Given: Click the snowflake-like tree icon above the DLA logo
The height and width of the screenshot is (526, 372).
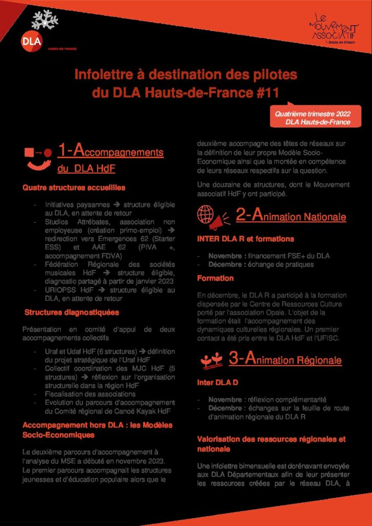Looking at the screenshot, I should pyautogui.click(x=45, y=19).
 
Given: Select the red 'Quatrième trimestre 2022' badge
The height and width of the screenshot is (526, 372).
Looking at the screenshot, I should pyautogui.click(x=315, y=118).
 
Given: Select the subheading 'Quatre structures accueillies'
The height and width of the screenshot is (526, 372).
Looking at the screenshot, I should pyautogui.click(x=74, y=187).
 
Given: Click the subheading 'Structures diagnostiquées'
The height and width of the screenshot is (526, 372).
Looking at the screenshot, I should pyautogui.click(x=71, y=312).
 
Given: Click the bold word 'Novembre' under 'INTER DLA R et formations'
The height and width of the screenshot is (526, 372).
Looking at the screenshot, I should pyautogui.click(x=225, y=256).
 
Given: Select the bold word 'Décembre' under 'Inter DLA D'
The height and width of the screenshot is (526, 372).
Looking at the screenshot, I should pyautogui.click(x=225, y=408).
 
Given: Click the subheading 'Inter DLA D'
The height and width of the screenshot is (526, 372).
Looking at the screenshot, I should pyautogui.click(x=217, y=383).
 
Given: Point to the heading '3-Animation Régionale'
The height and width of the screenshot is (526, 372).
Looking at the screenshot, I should pyautogui.click(x=285, y=360).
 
